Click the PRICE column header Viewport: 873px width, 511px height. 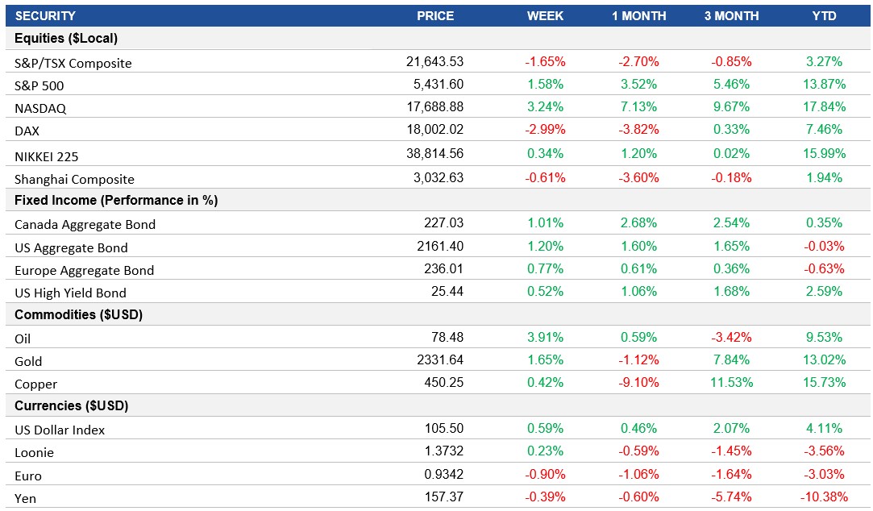(x=435, y=16)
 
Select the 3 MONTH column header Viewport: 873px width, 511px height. (x=731, y=16)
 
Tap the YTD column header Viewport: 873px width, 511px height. (x=824, y=16)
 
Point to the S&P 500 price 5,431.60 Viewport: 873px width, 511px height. (x=436, y=85)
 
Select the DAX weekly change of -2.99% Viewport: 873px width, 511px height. (x=545, y=130)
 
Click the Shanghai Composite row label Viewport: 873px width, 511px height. (x=74, y=179)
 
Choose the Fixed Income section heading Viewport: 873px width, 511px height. (x=116, y=200)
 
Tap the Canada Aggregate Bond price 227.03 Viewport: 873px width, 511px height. (x=444, y=223)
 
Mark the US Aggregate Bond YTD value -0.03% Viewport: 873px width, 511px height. (x=824, y=247)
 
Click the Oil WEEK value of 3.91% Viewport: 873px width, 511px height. (x=545, y=338)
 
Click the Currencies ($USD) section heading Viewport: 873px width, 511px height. (x=71, y=405)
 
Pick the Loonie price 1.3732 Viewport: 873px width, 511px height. (x=444, y=452)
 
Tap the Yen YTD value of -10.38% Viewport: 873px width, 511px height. (x=821, y=497)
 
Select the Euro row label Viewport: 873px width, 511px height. (x=27, y=476)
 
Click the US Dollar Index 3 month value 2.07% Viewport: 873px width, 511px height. (x=731, y=429)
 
